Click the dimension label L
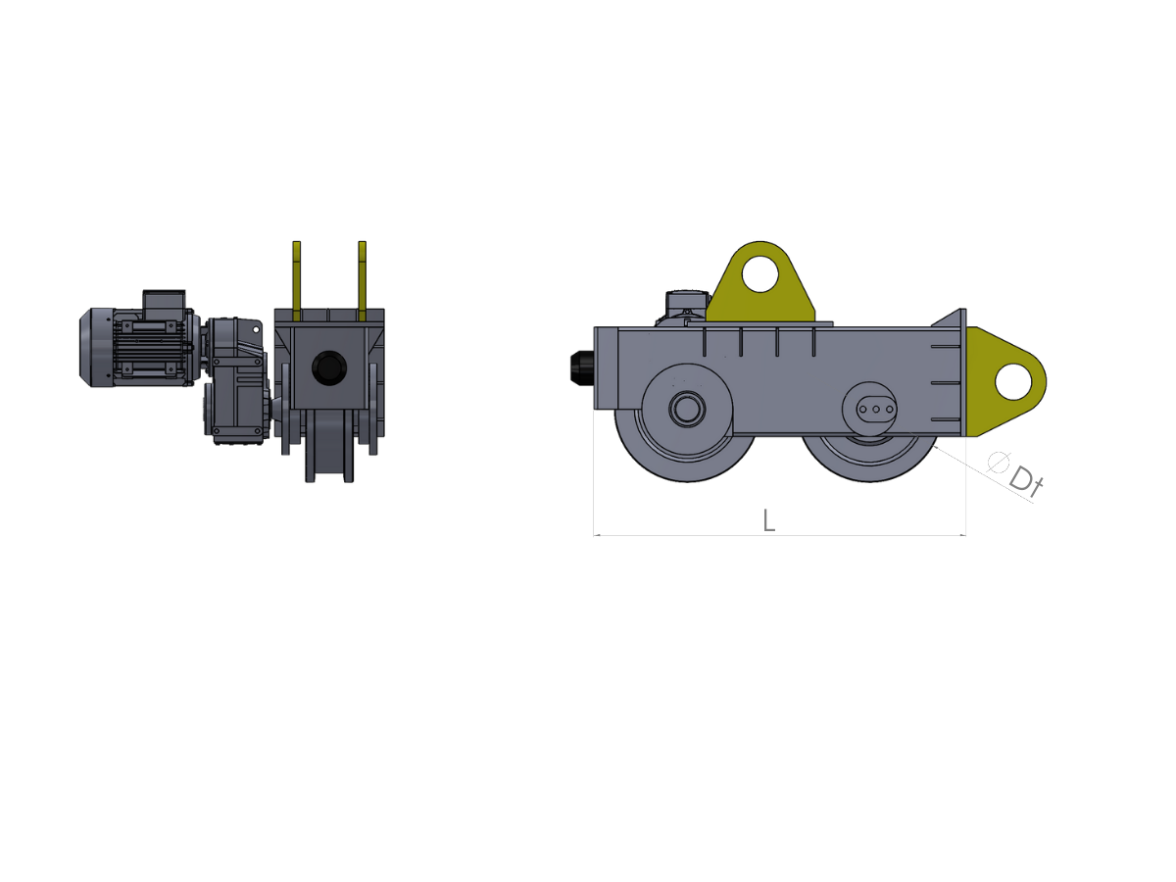769,520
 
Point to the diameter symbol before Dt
998,462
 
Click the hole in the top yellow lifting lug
759,274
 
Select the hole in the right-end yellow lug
1013,381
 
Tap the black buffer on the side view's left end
582,367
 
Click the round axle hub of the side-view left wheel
687,409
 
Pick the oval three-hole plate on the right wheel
876,410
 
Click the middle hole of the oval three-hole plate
876,410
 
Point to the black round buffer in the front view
329,367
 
